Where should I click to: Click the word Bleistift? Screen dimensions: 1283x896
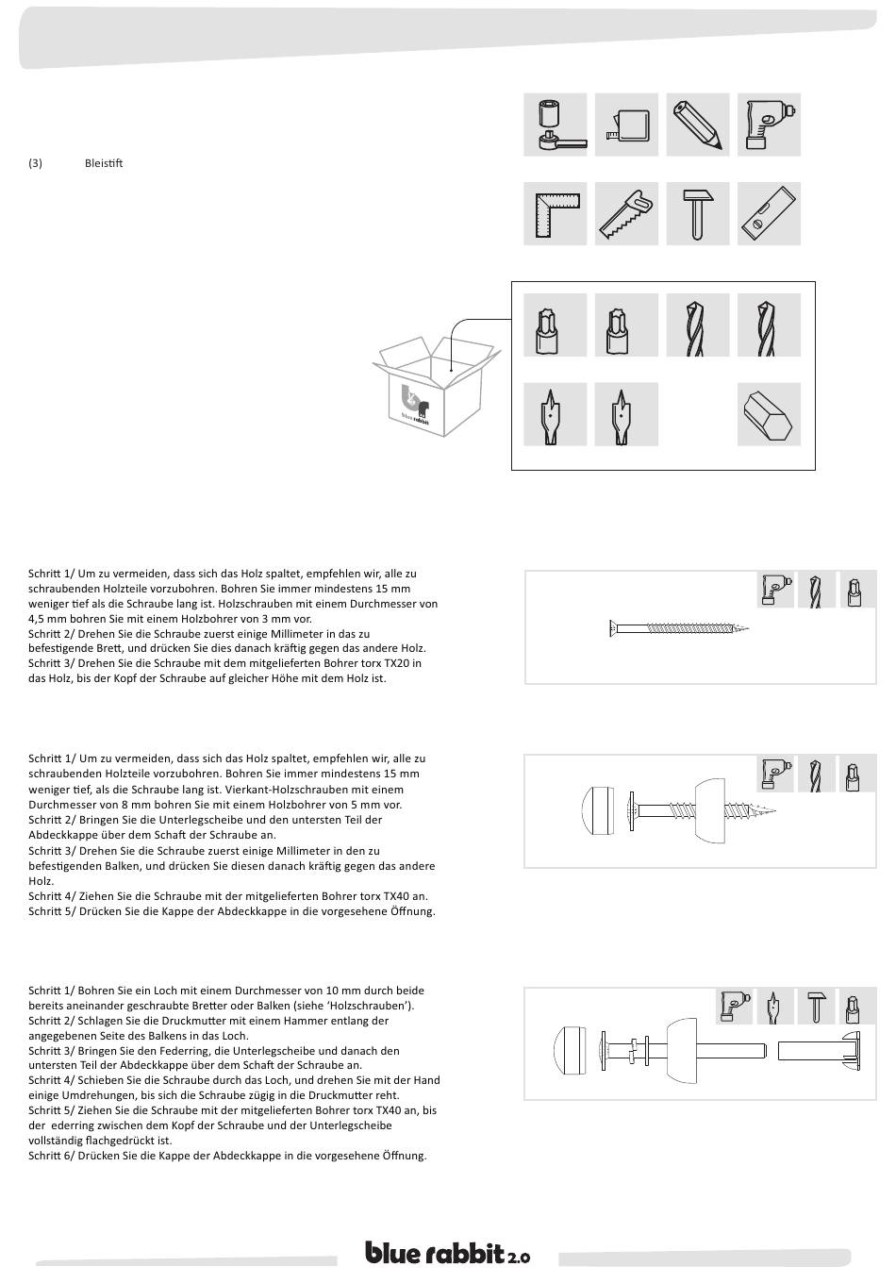pyautogui.click(x=104, y=163)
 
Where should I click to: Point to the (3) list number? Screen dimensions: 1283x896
pyautogui.click(x=36, y=163)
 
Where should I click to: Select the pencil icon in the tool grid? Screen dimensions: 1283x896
pyautogui.click(x=698, y=125)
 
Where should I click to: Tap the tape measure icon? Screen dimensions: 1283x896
pyautogui.click(x=626, y=125)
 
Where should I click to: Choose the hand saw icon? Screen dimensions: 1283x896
pyautogui.click(x=626, y=213)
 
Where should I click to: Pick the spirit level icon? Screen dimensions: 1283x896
pyautogui.click(x=769, y=213)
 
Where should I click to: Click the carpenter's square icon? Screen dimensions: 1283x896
pyautogui.click(x=556, y=213)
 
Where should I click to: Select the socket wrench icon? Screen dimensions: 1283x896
pyautogui.click(x=556, y=125)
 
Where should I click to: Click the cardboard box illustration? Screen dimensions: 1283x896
pyautogui.click(x=436, y=387)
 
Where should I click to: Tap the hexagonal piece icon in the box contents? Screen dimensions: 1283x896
pyautogui.click(x=769, y=413)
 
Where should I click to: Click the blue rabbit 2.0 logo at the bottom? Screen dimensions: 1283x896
pyautogui.click(x=448, y=1254)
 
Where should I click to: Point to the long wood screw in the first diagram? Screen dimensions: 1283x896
pyautogui.click(x=679, y=628)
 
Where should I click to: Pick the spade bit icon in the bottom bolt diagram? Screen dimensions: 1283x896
pyautogui.click(x=774, y=1006)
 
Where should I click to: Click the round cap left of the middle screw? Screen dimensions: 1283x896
pyautogui.click(x=597, y=808)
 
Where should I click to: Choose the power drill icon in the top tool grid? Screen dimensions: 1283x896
pyautogui.click(x=769, y=125)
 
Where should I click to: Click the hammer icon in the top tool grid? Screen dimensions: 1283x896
pyautogui.click(x=698, y=213)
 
